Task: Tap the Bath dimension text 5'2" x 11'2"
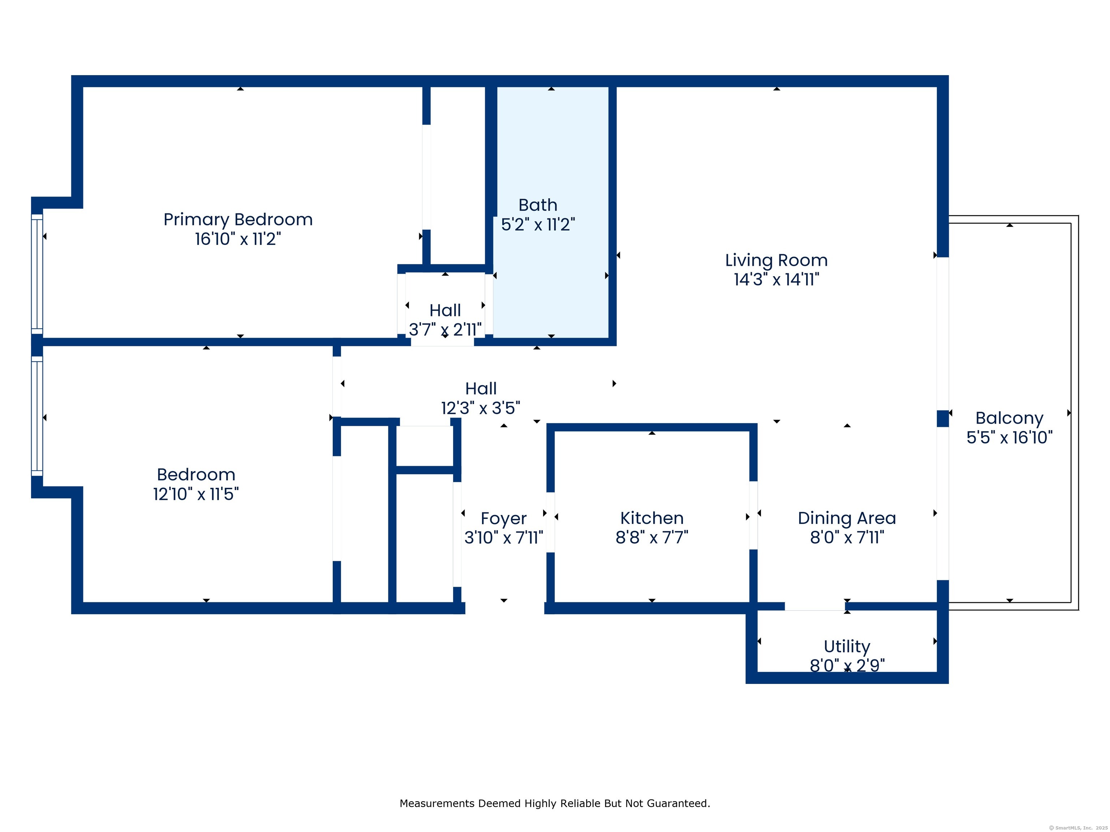(538, 225)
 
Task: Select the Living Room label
(776, 260)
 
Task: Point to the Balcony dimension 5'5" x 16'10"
(1009, 437)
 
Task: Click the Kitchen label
(652, 518)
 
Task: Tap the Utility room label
(847, 647)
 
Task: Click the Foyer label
(503, 519)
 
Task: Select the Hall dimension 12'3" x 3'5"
(481, 408)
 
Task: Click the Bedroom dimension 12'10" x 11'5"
(196, 494)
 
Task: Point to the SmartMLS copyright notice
(1079, 828)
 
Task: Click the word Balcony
(1009, 418)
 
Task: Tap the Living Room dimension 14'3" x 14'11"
(776, 279)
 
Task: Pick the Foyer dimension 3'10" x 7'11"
(503, 538)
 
